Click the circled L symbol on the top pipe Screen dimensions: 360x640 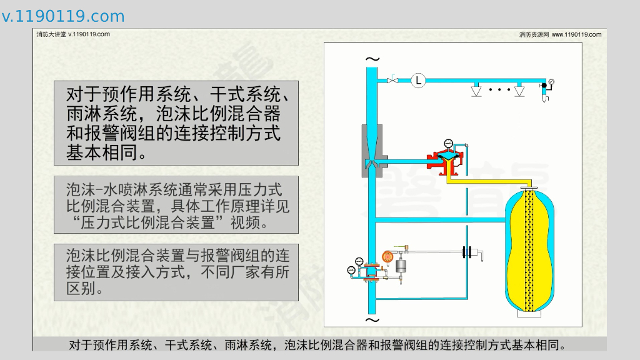pyautogui.click(x=418, y=79)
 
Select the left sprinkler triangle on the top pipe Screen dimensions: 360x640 pyautogui.click(x=477, y=91)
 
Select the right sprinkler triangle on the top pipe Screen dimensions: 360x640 pyautogui.click(x=519, y=91)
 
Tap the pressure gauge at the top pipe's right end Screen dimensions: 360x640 pyautogui.click(x=551, y=81)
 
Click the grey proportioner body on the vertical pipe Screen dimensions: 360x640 pyautogui.click(x=372, y=149)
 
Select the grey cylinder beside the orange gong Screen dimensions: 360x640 pyautogui.click(x=401, y=265)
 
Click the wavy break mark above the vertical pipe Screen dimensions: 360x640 pyautogui.click(x=372, y=60)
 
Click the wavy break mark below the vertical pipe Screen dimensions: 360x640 pyautogui.click(x=372, y=319)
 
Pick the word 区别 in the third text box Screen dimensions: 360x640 pyautogui.click(x=80, y=290)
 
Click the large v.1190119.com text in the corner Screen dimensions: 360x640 pyautogui.click(x=63, y=16)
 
